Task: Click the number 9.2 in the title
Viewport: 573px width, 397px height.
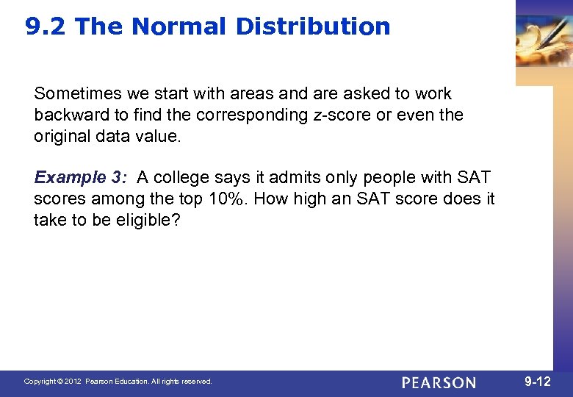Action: click(x=46, y=26)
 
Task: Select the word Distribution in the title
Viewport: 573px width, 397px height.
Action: click(x=313, y=26)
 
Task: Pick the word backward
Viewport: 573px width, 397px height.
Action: click(x=68, y=115)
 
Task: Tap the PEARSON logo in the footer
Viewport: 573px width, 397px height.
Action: click(x=439, y=383)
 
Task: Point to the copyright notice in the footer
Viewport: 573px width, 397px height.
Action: click(x=118, y=382)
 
